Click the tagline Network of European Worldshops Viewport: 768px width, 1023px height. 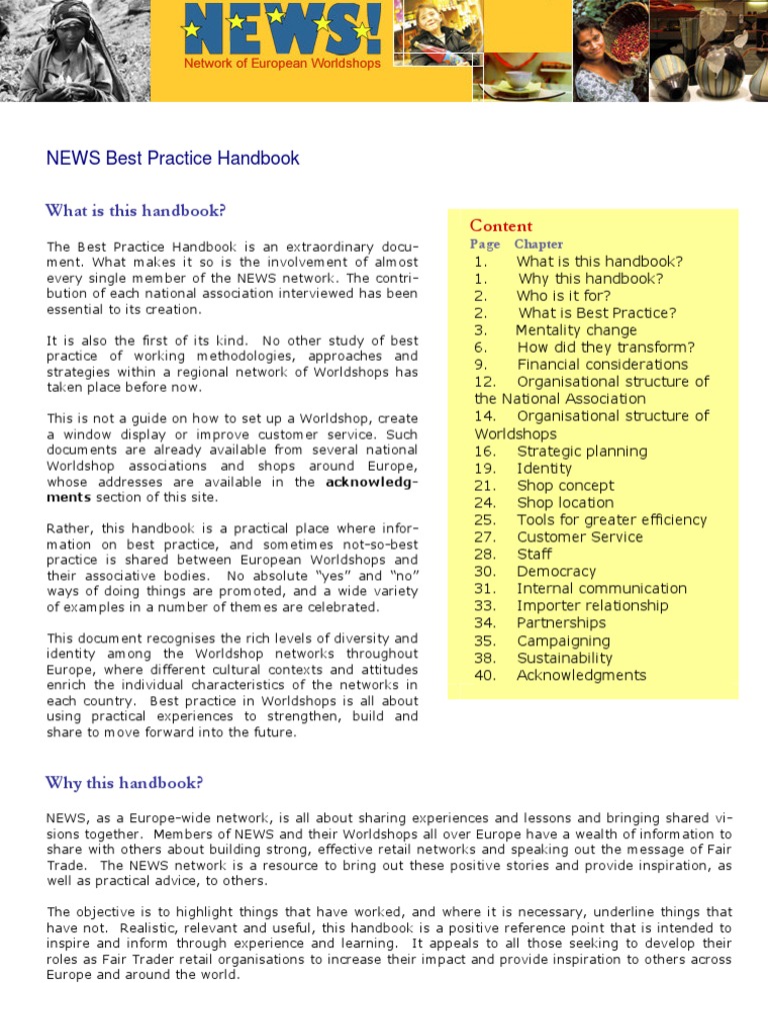pos(282,63)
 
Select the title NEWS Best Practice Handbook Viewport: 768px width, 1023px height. pos(173,158)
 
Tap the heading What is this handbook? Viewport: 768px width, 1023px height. pos(135,211)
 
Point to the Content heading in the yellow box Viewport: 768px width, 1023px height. pos(501,226)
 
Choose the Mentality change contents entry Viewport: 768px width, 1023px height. pos(576,330)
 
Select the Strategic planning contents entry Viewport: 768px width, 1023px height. pos(581,451)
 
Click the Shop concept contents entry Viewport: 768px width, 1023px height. pos(565,486)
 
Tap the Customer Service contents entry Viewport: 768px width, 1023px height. pos(580,536)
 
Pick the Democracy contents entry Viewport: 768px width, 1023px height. pos(556,571)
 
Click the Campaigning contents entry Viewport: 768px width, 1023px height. pos(563,640)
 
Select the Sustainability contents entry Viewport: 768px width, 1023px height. pos(564,657)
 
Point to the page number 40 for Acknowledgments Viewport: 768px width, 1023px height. pos(485,675)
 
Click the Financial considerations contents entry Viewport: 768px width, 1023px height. pos(602,365)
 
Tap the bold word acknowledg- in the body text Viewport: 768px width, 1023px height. pos(372,483)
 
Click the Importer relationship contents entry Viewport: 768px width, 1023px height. pos(592,605)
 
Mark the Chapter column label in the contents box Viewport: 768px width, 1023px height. pos(538,244)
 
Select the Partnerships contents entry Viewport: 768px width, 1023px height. pos(561,623)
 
